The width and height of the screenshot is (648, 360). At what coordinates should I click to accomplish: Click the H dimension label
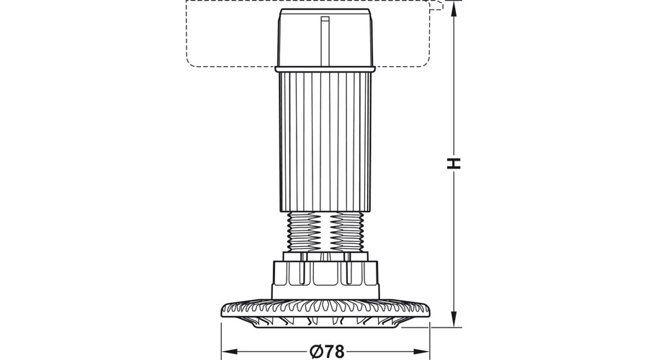point(454,163)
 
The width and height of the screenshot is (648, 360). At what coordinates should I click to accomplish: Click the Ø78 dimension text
point(327,352)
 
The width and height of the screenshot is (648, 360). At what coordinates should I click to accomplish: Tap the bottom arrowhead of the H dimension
point(454,319)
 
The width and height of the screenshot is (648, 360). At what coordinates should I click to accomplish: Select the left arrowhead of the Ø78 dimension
point(230,352)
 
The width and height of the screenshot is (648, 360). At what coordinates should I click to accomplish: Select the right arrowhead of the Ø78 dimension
point(422,352)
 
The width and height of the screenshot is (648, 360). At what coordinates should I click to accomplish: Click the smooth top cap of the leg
point(325,37)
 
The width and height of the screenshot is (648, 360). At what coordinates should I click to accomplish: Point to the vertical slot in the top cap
point(325,41)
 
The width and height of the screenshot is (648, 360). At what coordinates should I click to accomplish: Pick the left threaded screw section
point(307,232)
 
